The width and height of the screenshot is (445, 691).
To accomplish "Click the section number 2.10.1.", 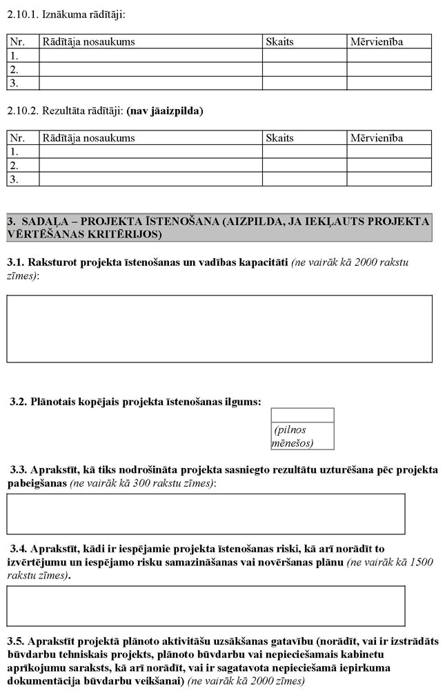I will [21, 14].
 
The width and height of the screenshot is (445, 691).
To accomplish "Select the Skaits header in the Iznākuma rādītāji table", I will [279, 41].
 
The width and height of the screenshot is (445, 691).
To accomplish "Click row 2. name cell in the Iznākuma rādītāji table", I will [150, 69].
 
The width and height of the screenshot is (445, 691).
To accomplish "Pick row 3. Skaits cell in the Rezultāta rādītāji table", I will [304, 179].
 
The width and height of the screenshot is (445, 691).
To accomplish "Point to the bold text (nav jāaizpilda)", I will [166, 110].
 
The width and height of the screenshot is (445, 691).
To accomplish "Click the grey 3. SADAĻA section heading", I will [219, 228].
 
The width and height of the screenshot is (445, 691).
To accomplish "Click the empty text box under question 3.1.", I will [219, 329].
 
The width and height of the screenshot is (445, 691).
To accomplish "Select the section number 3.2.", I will [18, 401].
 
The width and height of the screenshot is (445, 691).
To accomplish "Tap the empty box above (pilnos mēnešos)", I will [302, 415].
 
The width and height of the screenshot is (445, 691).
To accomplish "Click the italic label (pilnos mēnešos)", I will [294, 436].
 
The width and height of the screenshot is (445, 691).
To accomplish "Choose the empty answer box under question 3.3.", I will [206, 514].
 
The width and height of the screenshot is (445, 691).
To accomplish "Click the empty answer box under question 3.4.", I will [206, 605].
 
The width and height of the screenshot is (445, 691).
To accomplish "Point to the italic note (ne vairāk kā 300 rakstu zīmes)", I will [143, 483].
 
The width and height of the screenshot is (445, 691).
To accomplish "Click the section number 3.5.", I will [15, 641].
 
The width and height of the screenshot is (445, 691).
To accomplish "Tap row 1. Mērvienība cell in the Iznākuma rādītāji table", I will [388, 55].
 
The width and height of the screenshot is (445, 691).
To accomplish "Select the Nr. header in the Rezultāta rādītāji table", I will [17, 138].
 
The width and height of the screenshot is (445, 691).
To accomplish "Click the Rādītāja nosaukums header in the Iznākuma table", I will [88, 41].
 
